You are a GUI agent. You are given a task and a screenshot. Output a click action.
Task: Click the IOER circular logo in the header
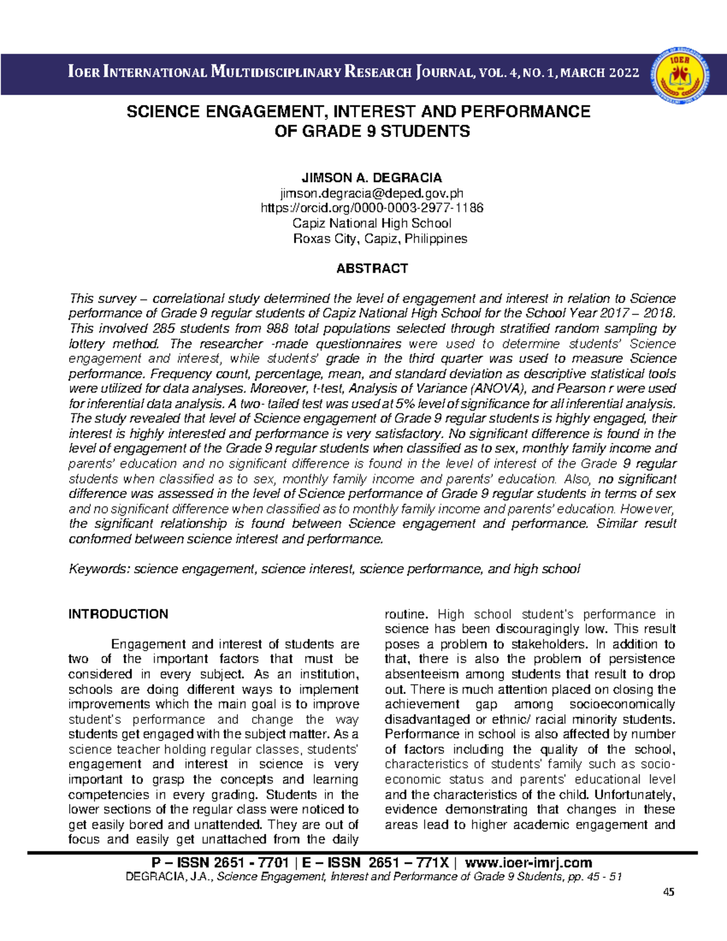679,75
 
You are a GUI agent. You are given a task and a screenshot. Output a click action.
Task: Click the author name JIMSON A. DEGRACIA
371,178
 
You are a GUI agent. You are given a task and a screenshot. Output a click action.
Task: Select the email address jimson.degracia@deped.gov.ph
371,193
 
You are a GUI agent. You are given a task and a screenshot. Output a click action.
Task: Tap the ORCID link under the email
371,208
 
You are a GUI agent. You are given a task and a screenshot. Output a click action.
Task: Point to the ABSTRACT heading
371,268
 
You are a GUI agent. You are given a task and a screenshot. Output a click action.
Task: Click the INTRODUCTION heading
118,614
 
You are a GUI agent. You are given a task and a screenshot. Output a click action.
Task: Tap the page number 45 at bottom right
668,892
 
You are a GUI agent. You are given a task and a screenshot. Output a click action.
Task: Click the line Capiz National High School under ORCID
371,224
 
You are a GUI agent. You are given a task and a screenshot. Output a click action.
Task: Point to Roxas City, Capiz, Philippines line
380,239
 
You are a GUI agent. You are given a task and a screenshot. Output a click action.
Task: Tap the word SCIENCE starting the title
162,112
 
